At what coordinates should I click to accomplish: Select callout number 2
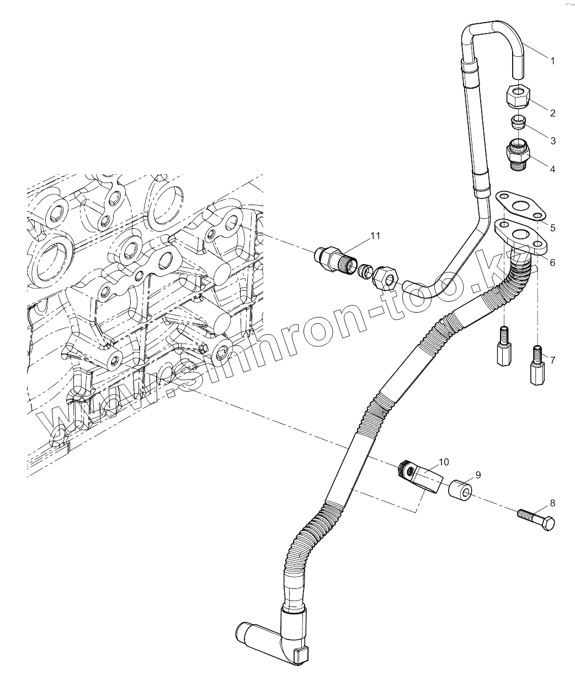pos(552,114)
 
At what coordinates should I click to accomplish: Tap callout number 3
pos(552,141)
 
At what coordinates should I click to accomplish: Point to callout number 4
pos(552,169)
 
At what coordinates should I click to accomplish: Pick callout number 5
pos(552,228)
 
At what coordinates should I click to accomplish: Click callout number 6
pos(552,262)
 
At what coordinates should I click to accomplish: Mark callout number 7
pos(552,361)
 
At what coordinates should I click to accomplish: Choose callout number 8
pos(552,503)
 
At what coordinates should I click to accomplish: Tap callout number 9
pos(478,474)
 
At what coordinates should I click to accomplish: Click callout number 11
pos(375,236)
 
